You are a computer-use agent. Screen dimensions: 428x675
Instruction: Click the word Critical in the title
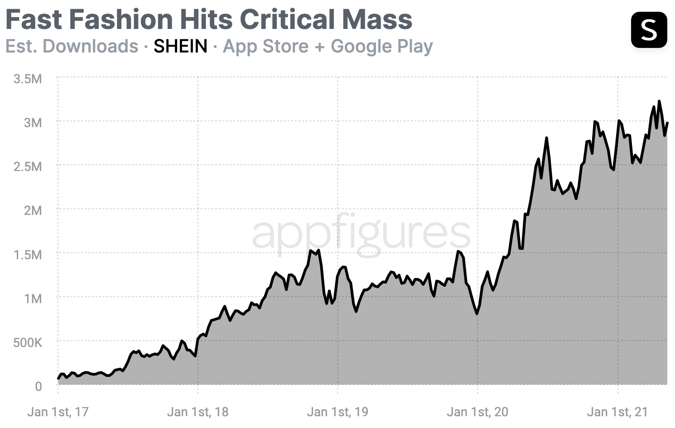[x=286, y=20]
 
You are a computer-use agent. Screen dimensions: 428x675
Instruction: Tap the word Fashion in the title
[x=121, y=20]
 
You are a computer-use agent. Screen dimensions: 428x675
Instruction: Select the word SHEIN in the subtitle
[x=180, y=46]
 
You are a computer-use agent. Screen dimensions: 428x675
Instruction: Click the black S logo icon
[x=649, y=30]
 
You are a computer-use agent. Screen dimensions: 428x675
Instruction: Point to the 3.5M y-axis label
[x=28, y=79]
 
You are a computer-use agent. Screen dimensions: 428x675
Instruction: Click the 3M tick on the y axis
[x=33, y=123]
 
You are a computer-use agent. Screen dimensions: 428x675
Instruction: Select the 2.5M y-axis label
[x=28, y=166]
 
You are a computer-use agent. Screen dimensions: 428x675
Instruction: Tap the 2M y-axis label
[x=33, y=210]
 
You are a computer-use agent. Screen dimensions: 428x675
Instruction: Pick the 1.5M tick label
[x=28, y=255]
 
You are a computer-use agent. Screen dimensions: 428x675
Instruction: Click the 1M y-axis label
[x=33, y=299]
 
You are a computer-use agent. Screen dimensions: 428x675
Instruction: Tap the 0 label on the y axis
[x=38, y=386]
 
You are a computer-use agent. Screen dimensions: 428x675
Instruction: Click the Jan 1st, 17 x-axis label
[x=58, y=412]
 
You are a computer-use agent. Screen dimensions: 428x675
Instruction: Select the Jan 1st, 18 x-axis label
[x=198, y=412]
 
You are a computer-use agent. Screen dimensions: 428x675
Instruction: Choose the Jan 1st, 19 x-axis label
[x=337, y=412]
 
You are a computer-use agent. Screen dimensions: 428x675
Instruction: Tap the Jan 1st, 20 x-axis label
[x=477, y=412]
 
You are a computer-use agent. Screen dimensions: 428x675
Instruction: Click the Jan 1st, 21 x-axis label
[x=617, y=412]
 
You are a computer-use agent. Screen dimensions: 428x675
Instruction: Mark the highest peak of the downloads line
[x=659, y=101]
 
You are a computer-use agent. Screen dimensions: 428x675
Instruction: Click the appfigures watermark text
[x=361, y=233]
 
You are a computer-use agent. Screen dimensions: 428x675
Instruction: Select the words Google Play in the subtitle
[x=382, y=46]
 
